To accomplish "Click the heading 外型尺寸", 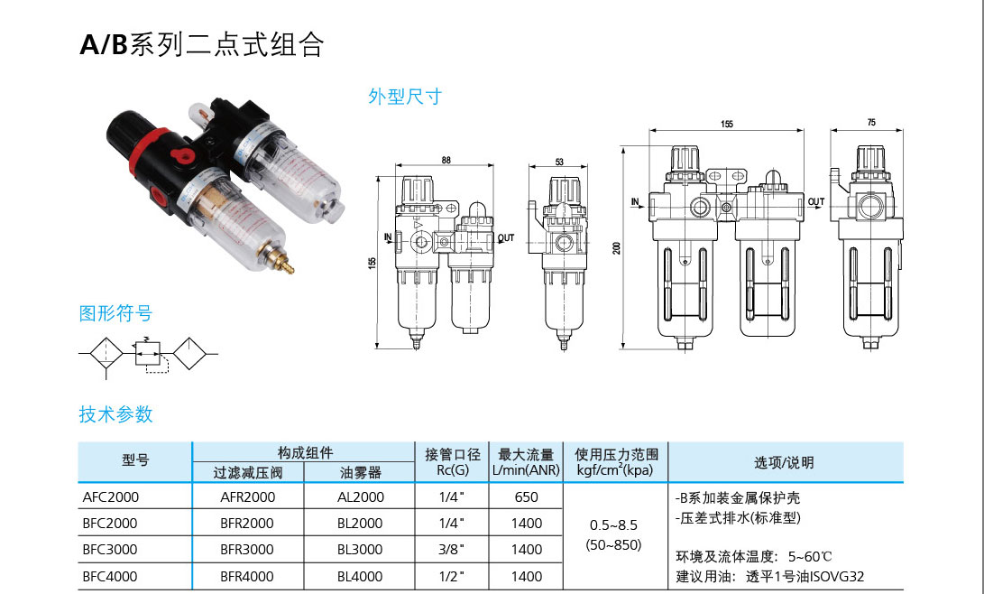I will pyautogui.click(x=405, y=97).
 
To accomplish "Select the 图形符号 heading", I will pyautogui.click(x=115, y=314).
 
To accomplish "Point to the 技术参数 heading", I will pyautogui.click(x=115, y=414).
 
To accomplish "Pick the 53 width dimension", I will pyautogui.click(x=559, y=162).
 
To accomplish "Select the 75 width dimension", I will pyautogui.click(x=870, y=122).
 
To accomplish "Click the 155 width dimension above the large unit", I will pyautogui.click(x=727, y=124).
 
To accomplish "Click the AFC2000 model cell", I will pyautogui.click(x=110, y=497).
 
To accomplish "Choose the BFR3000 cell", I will pyautogui.click(x=246, y=549).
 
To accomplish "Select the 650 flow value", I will pyautogui.click(x=526, y=497).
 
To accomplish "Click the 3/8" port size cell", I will pyautogui.click(x=450, y=549).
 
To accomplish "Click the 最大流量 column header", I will pyautogui.click(x=526, y=454).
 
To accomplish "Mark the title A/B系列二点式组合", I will pyautogui.click(x=201, y=45).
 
